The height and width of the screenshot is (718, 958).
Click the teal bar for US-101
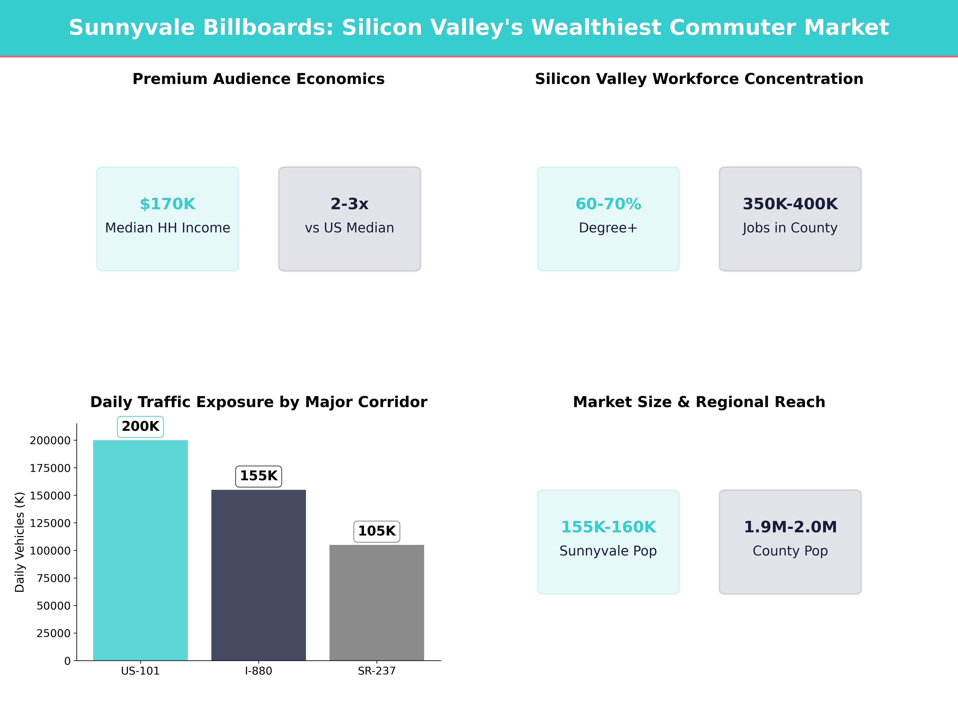[x=140, y=550]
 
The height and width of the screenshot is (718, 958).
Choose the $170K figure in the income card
[x=168, y=204]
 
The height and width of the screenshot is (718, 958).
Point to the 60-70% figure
[x=608, y=204]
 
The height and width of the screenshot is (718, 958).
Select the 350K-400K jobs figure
[x=790, y=204]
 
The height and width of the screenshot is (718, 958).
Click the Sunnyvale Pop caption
[x=608, y=551]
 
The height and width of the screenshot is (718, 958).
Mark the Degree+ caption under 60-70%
[x=608, y=228]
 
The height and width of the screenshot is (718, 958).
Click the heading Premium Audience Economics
[x=258, y=79]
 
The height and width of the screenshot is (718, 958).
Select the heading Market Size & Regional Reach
[x=699, y=402]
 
